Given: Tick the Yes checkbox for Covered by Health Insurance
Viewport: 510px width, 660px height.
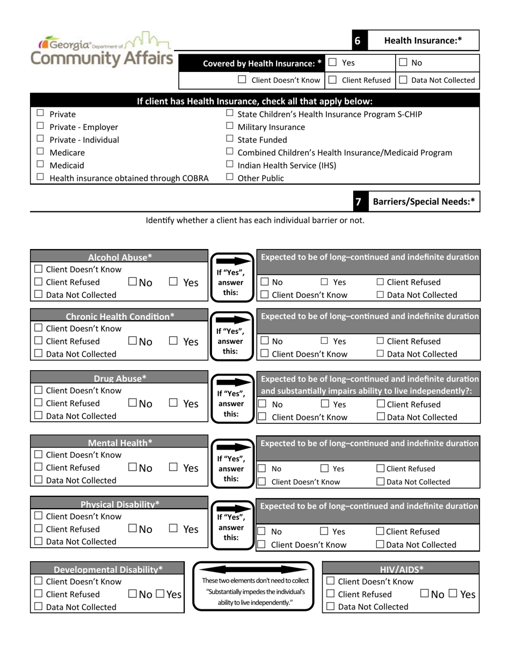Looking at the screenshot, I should (333, 63).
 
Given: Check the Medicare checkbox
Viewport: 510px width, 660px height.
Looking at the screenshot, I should (40, 152).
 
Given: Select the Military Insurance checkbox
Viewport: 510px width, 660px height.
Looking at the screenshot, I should (230, 127).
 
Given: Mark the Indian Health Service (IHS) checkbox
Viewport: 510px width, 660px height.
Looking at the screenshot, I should (230, 165).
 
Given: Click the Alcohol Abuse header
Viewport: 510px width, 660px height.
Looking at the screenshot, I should (120, 256).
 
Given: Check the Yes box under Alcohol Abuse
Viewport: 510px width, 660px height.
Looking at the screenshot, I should (173, 282).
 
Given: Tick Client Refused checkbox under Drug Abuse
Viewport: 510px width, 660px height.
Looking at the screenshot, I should (39, 403).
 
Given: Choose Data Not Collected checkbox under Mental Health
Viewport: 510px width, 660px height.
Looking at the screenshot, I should (39, 480).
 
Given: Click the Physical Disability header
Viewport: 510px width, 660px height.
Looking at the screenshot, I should (120, 504).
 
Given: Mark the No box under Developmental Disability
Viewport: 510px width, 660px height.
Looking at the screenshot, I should (133, 594).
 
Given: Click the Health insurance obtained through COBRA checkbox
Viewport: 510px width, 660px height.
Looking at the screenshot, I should (40, 178).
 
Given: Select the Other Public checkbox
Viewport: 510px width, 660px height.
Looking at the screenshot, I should (230, 178).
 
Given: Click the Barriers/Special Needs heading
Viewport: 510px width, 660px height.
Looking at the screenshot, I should (424, 202).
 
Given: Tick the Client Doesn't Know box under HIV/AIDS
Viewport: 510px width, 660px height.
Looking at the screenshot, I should (331, 581).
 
